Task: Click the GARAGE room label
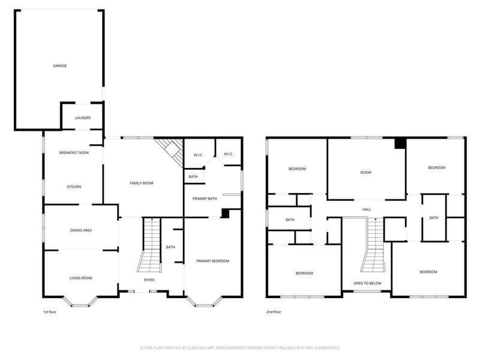pos(59,66)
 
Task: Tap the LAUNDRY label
pos(83,118)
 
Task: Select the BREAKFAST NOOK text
pos(74,153)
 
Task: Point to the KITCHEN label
pos(74,187)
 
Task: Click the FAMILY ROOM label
pos(142,183)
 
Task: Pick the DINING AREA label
pos(81,230)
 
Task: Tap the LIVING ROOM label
pos(81,278)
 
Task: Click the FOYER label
pos(149,280)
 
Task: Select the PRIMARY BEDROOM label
pos(212,261)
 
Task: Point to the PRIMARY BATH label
pos(205,199)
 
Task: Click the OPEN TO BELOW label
pos(367,283)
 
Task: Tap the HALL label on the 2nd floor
pos(367,209)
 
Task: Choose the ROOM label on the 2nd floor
pos(365,173)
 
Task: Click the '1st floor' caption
pos(50,312)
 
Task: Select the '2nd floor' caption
pos(274,312)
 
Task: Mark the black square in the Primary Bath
pos(225,214)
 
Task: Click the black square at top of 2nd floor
pos(400,143)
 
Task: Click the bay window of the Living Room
pos(80,302)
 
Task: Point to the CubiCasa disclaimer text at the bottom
pos(240,348)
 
